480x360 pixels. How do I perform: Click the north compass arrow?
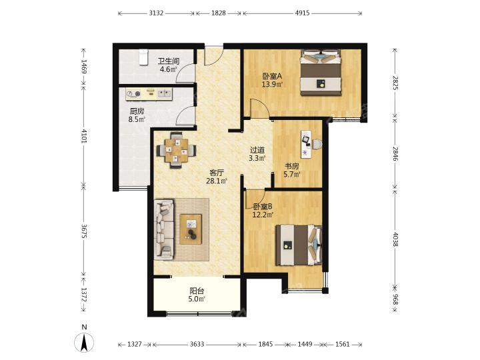coord(85,343)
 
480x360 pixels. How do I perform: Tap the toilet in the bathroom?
coord(143,57)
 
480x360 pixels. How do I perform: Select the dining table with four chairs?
coord(176,150)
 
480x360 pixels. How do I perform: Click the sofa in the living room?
coord(164,229)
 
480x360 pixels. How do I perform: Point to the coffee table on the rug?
coord(191,229)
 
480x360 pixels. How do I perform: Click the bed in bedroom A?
coord(321,73)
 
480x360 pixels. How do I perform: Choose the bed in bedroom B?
coord(299,245)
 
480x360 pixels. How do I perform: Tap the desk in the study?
coord(307,144)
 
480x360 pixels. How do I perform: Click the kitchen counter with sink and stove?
coord(149,94)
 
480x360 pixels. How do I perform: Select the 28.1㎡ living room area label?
coord(217,181)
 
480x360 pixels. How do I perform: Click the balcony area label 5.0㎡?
coord(196,299)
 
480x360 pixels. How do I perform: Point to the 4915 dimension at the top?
coord(302,13)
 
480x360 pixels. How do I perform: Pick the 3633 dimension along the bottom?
coord(197,345)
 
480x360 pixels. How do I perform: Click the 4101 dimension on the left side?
coord(84,136)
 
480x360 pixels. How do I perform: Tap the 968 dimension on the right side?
coord(395,299)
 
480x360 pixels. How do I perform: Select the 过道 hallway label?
coord(257,150)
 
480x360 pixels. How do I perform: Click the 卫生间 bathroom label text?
coord(169,61)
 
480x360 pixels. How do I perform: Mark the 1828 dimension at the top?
coord(219,13)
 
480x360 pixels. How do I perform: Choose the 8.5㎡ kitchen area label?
coord(137,119)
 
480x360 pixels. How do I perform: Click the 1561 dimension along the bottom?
coord(342,345)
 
